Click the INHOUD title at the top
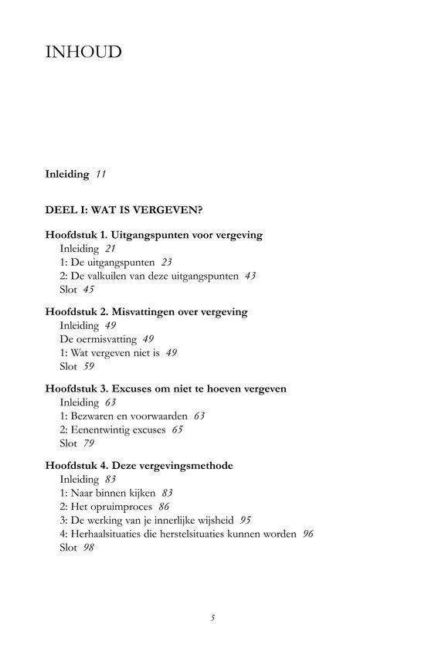84,53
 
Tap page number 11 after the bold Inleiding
100,175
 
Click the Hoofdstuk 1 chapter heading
154,235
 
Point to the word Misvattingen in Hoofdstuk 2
151,312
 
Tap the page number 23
166,263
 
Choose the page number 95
246,520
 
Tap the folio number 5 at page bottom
212,617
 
